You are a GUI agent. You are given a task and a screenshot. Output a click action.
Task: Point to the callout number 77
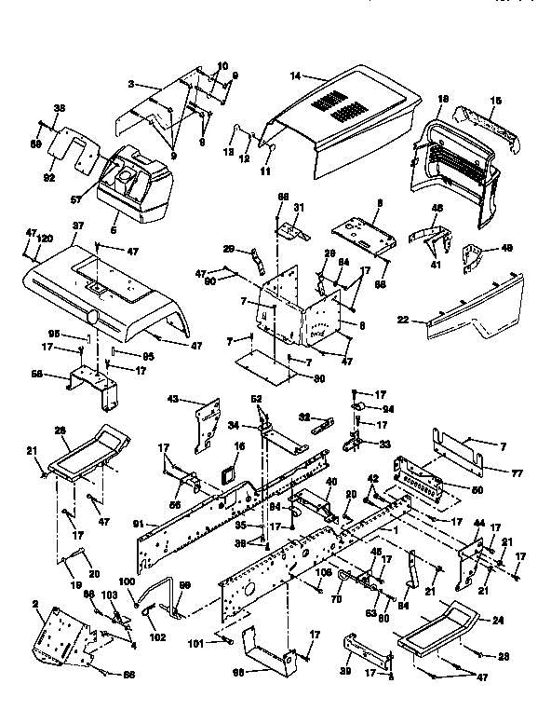517,474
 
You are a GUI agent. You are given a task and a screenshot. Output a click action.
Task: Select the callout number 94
387,409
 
